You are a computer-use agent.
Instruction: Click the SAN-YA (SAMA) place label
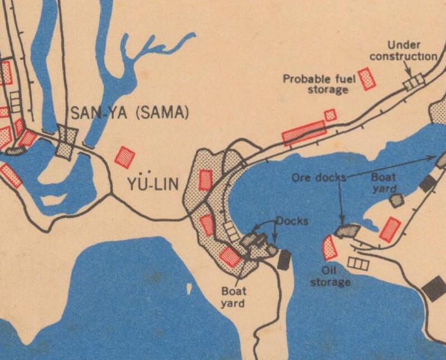129,113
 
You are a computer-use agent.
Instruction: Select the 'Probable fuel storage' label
319,84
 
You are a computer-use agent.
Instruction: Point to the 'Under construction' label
403,51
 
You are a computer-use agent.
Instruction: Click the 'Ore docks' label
319,178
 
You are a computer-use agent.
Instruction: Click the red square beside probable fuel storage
367,79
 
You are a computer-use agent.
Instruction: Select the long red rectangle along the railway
304,133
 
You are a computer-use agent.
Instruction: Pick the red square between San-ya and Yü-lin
125,157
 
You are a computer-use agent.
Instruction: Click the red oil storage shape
330,249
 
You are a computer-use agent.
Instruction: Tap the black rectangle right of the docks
284,260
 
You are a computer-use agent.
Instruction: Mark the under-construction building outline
414,82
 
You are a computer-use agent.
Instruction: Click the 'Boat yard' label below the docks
233,296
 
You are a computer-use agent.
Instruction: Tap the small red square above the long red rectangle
331,115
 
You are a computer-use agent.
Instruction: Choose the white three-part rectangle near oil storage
357,264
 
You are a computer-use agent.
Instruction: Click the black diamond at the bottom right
434,288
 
